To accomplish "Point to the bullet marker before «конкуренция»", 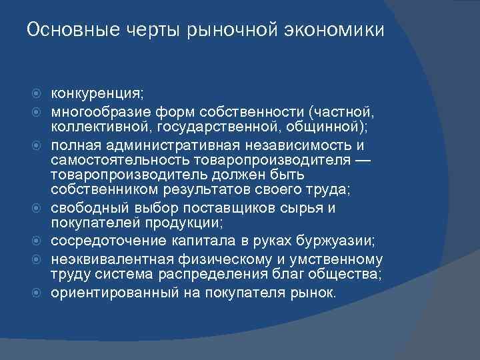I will click(39, 93).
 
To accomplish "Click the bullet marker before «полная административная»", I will click(39, 145).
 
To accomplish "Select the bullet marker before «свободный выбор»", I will click(39, 208).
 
